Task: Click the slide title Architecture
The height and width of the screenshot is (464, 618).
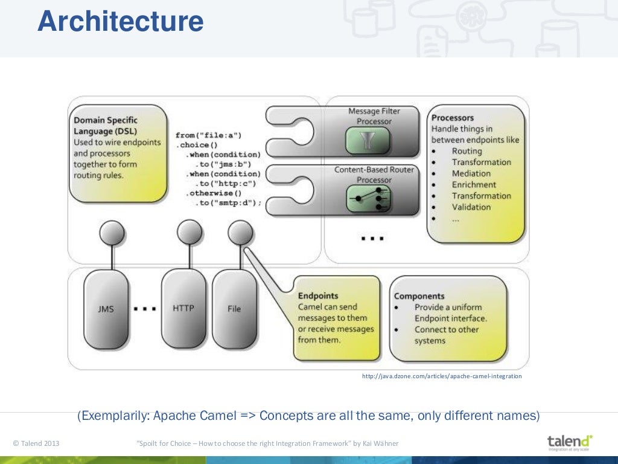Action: point(120,22)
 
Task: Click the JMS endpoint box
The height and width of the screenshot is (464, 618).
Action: point(106,309)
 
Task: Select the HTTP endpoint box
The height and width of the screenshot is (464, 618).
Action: point(183,308)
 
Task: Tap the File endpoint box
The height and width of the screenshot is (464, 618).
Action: point(234,309)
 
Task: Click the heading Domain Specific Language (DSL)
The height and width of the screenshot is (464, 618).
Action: point(105,126)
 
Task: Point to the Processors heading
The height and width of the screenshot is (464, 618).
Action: point(453,118)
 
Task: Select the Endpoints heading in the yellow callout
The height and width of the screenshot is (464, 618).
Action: point(318,296)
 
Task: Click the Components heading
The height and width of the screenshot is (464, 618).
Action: point(419,296)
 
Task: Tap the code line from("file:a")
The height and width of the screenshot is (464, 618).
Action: point(209,135)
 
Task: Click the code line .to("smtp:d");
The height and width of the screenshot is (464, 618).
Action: point(228,203)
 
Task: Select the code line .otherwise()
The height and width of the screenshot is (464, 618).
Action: point(214,193)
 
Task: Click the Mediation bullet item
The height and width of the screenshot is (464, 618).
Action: point(471,173)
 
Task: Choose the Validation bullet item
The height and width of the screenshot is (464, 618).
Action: point(471,207)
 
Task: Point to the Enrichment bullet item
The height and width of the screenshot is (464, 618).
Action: point(474,184)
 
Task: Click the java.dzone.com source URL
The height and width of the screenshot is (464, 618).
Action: point(441,376)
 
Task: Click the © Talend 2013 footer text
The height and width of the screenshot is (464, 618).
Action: point(36,444)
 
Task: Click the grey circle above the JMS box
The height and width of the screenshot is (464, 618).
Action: point(112,233)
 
